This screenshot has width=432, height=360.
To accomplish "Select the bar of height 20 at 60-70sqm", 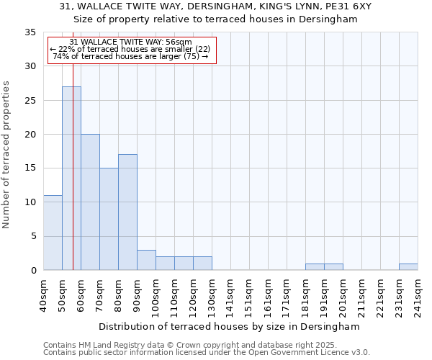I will tap(90, 202).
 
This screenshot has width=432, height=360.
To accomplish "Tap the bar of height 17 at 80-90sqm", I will tap(127, 212).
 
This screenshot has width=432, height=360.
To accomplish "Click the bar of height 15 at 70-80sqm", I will tap(109, 219).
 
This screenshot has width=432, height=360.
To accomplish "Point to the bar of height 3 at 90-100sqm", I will tap(146, 260).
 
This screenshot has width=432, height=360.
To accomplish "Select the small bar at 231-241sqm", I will tap(408, 267).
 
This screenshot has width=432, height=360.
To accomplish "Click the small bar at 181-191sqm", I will tap(315, 267).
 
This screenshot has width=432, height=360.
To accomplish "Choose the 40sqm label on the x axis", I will tap(43, 295).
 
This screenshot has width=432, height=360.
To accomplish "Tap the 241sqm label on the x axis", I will tap(418, 295).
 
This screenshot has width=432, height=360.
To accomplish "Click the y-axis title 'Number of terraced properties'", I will tap(7, 154).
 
